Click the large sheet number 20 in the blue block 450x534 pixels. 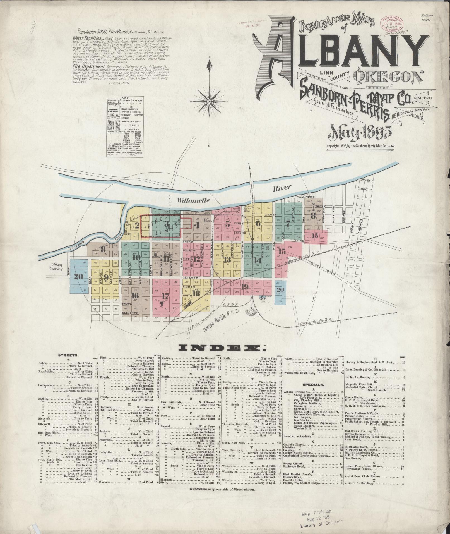(x=78, y=277)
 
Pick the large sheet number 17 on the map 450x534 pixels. (x=165, y=296)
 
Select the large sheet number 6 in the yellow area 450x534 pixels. (x=258, y=223)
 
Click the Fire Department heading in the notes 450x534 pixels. (x=88, y=67)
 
